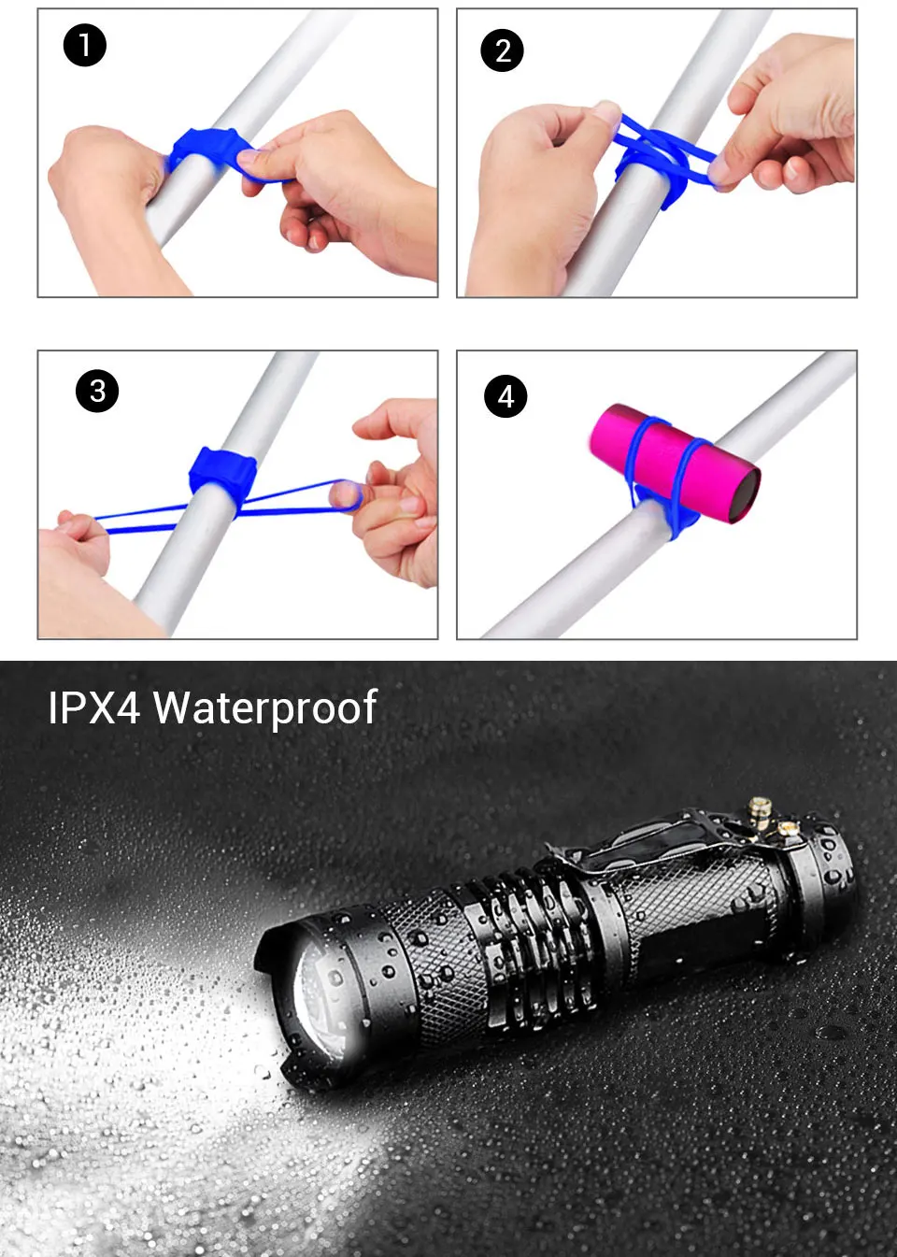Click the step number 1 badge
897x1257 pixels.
[x=85, y=46]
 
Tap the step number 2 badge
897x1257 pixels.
[x=502, y=50]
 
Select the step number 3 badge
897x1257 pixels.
[x=97, y=392]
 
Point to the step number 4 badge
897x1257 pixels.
[x=505, y=396]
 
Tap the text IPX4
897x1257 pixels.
[x=93, y=707]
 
